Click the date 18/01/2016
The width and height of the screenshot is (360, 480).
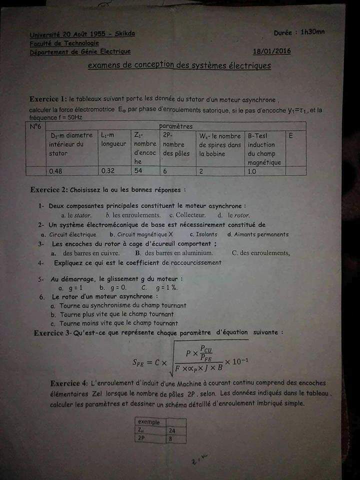[x=271, y=51]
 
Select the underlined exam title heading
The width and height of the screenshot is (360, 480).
[x=179, y=65]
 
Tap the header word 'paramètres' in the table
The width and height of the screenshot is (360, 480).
[x=175, y=126]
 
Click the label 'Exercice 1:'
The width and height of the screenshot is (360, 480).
[x=48, y=98]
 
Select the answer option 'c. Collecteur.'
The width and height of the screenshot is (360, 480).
[x=187, y=215]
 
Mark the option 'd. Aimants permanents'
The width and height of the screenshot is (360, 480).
[x=257, y=234]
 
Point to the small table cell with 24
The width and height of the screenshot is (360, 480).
[x=172, y=430]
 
